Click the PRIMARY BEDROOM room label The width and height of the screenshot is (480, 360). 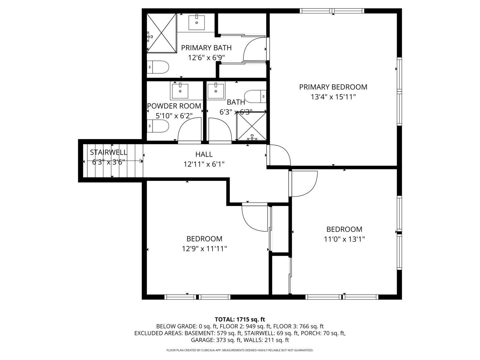[x=333, y=87]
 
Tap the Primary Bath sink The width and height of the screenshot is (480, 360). [x=197, y=22]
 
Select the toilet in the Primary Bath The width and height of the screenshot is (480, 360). [x=158, y=67]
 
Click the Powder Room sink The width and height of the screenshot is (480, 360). [x=180, y=91]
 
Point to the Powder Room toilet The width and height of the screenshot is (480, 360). [x=158, y=126]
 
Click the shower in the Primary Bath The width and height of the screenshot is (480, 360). [x=162, y=33]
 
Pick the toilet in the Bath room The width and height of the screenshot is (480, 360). [x=255, y=96]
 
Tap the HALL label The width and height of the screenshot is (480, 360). [x=204, y=154]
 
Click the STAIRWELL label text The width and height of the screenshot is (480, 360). [x=108, y=152]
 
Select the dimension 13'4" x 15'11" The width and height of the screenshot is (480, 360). [x=333, y=97]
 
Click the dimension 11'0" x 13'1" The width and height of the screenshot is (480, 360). [x=344, y=239]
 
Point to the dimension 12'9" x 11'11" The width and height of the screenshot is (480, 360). [x=204, y=249]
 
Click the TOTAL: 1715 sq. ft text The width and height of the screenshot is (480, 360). [x=240, y=319]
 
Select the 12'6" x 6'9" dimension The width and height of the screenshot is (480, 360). [x=206, y=58]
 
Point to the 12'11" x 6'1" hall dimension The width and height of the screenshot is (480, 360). [x=204, y=164]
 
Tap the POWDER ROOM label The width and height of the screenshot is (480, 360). [x=174, y=106]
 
